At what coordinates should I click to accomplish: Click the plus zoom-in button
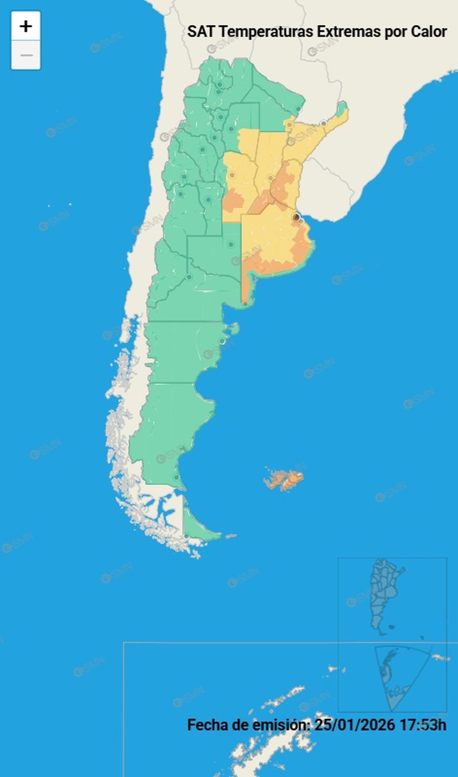click(x=26, y=26)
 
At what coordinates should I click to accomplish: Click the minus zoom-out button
click(x=26, y=55)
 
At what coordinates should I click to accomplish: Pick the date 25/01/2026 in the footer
click(x=355, y=725)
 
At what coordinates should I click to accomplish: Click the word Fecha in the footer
click(x=206, y=725)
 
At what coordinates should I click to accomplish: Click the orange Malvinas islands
click(x=284, y=479)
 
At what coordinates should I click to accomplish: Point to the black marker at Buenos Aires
click(x=296, y=217)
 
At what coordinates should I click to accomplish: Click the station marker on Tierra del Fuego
click(x=186, y=536)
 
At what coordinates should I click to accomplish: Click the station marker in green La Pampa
click(x=231, y=244)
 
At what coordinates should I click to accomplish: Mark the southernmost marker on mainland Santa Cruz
click(x=176, y=477)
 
